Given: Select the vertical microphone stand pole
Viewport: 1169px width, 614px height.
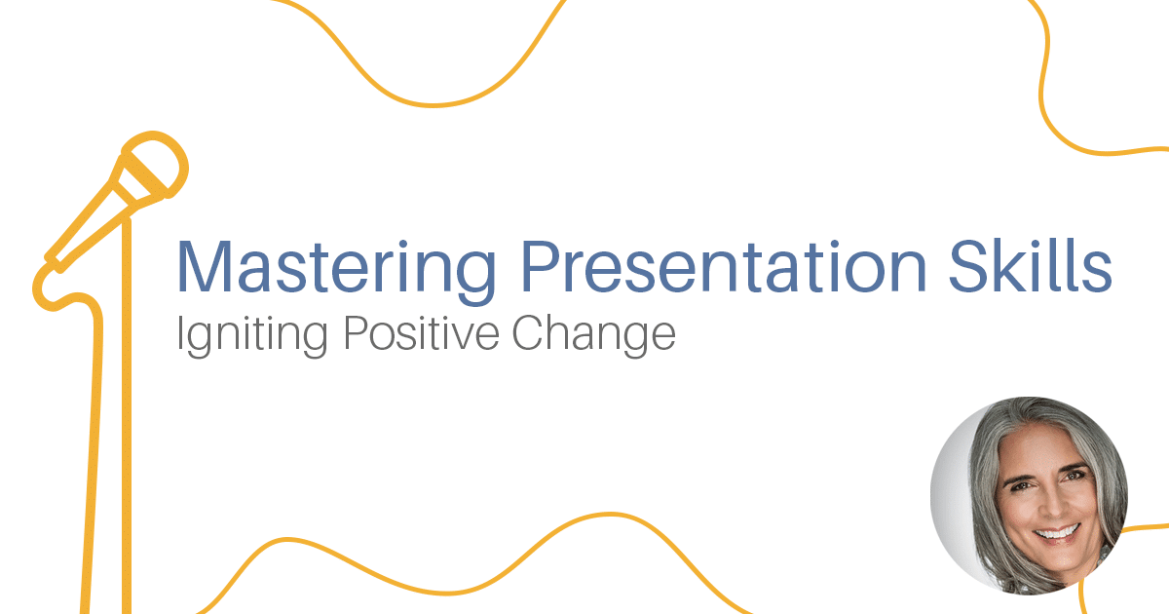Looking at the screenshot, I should pos(126,409).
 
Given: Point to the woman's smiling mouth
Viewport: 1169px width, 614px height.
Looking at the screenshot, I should pos(1056,532).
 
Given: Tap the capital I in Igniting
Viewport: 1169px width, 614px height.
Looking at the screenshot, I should pos(180,333).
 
